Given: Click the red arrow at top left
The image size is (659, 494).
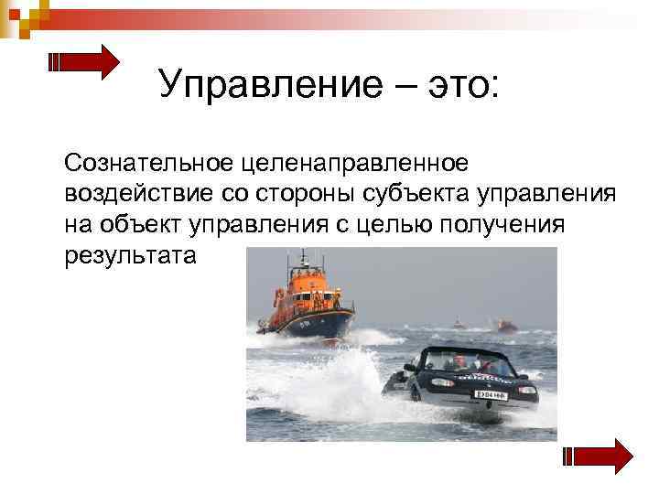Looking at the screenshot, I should (x=83, y=62).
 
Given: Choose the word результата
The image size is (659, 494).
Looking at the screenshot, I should (x=130, y=253).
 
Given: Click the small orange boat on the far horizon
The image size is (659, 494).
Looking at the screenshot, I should (x=505, y=325).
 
